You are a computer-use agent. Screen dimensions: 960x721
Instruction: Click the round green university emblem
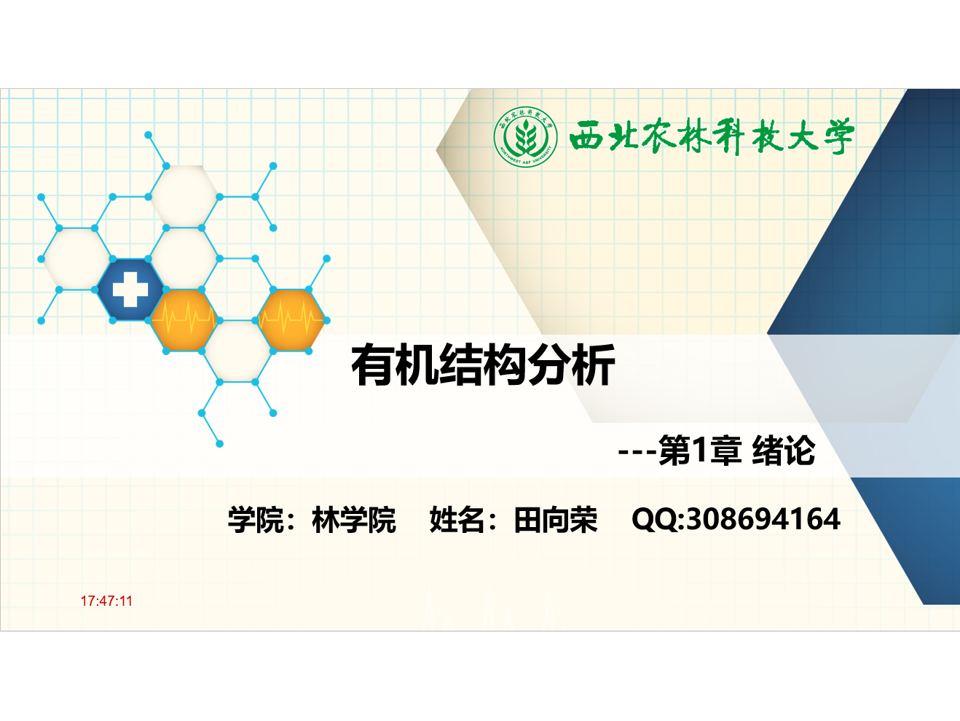525,137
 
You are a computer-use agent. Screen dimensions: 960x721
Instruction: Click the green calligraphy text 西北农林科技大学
712,136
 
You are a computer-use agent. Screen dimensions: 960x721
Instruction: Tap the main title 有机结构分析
484,365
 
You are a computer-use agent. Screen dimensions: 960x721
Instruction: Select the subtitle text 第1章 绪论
737,450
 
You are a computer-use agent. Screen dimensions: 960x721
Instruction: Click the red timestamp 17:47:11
106,601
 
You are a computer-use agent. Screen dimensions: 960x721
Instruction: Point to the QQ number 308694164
763,519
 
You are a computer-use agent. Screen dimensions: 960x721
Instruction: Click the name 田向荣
556,520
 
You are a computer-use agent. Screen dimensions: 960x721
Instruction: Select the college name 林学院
353,520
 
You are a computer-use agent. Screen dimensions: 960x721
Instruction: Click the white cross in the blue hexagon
130,289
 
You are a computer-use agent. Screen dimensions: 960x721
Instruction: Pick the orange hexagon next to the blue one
184,321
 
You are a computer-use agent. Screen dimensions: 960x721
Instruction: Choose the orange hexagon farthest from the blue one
291,321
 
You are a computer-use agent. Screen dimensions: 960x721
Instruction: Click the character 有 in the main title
373,365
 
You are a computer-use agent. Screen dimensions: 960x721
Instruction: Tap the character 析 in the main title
594,365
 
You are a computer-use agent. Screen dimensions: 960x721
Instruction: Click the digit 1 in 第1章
699,450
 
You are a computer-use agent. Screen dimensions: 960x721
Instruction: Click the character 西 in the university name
587,138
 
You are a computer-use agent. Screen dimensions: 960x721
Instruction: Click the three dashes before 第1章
637,452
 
